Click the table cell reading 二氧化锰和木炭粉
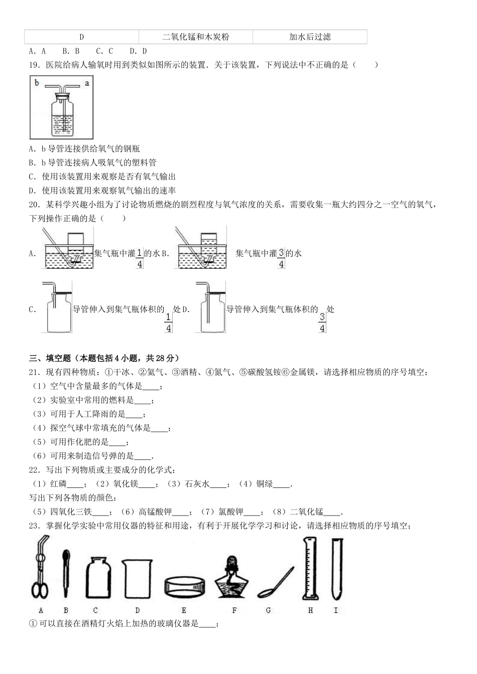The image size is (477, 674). pos(195,37)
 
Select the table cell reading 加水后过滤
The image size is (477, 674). pos(310,37)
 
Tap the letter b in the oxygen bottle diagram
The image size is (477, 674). pos(37,83)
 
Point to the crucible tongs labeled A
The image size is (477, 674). pos(40,570)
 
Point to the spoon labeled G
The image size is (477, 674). pos(275,582)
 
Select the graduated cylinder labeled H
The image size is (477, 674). pos(309,569)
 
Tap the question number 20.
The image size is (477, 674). pos(34,205)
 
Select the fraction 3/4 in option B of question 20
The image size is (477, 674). pos(281,258)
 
